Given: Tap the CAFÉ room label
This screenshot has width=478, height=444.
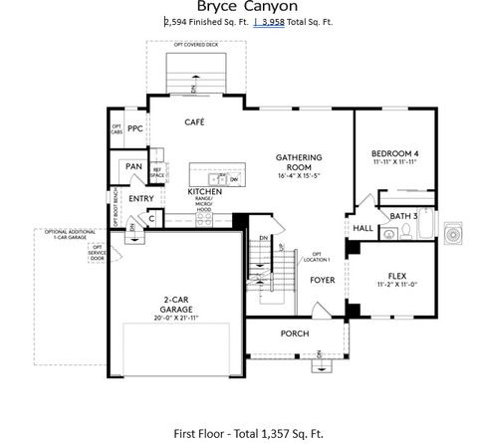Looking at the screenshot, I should pyautogui.click(x=194, y=121).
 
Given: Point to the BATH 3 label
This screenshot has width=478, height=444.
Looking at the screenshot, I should pyautogui.click(x=402, y=216).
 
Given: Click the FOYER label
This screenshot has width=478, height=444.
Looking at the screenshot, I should pyautogui.click(x=321, y=281).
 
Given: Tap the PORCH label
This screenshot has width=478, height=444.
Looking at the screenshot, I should pyautogui.click(x=295, y=333).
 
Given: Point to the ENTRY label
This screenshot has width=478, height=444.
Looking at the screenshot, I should pyautogui.click(x=140, y=198).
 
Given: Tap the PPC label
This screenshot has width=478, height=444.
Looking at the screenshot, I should pyautogui.click(x=135, y=129).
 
